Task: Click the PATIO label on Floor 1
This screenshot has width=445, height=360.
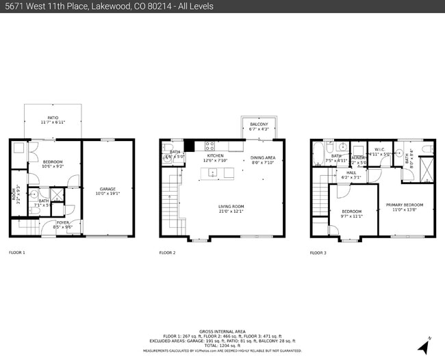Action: (53, 118)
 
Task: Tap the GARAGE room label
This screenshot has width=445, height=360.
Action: (107, 189)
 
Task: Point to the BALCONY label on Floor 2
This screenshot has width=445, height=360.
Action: (259, 124)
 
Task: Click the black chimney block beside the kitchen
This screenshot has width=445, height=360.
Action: (190, 145)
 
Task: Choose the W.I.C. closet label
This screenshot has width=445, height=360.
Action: (379, 150)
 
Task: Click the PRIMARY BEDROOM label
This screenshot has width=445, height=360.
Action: (403, 205)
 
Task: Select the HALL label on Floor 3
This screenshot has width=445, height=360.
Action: (351, 172)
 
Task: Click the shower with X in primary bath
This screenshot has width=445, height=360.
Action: (425, 167)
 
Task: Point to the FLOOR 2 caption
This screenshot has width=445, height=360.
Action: (168, 253)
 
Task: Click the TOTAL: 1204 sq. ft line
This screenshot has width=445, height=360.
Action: (222, 345)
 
